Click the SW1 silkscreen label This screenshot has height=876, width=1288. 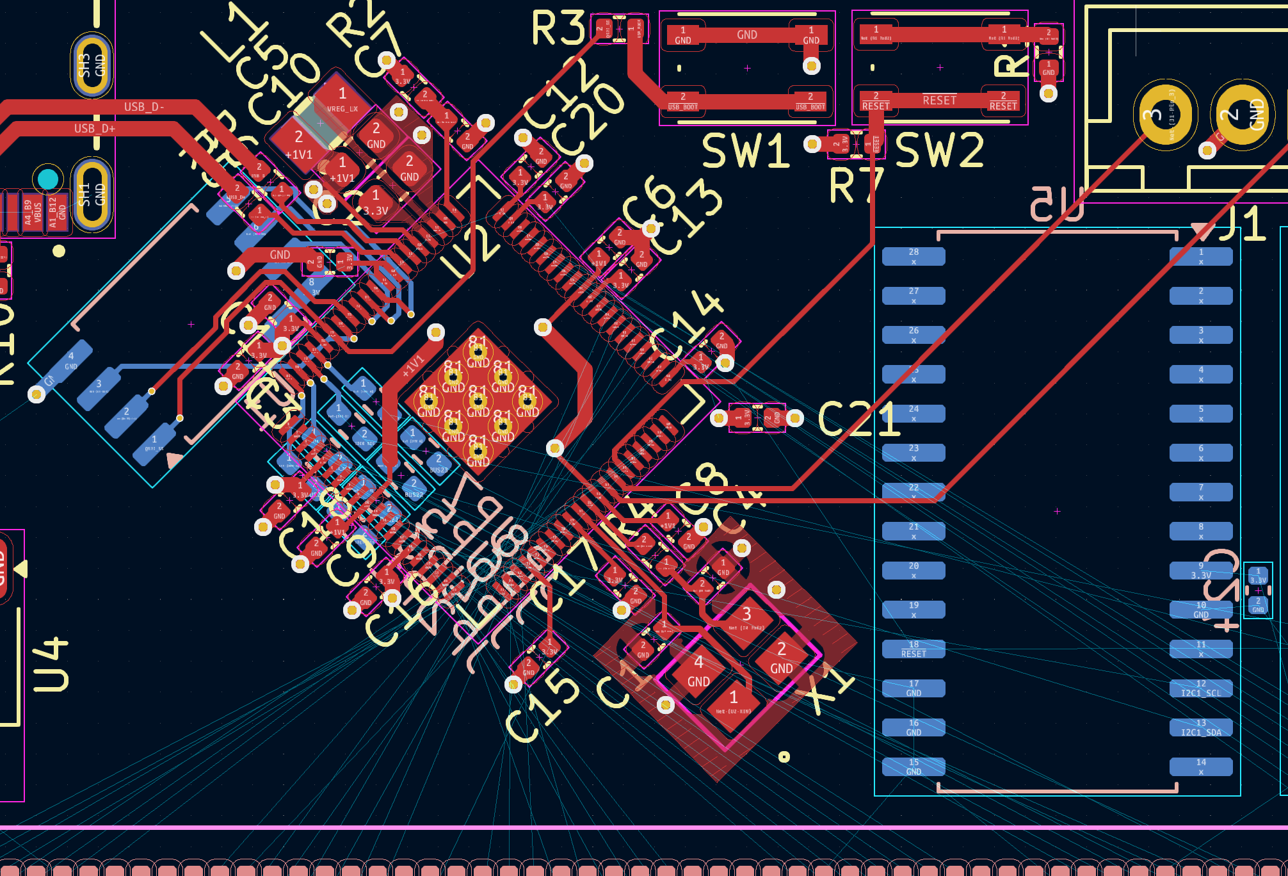click(746, 151)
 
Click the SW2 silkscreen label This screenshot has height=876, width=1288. click(939, 151)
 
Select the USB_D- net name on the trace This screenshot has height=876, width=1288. click(144, 107)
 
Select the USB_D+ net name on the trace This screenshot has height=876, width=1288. click(95, 129)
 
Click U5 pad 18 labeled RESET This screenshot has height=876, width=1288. click(914, 649)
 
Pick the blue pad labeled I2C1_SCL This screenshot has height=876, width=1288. click(1201, 688)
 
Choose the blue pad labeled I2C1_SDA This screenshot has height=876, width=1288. click(1201, 728)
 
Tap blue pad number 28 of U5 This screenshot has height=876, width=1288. click(914, 257)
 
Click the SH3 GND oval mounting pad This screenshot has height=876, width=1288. click(92, 65)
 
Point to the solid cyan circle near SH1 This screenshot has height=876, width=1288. click(48, 179)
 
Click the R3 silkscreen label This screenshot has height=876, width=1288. click(558, 28)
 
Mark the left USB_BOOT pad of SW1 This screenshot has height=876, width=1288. click(682, 101)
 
